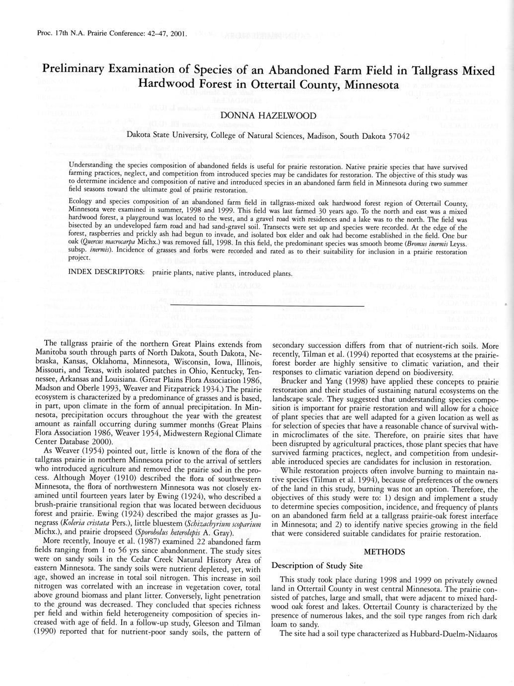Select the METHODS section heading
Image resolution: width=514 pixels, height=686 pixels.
[x=384, y=552]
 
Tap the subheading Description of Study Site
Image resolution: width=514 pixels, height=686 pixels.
[x=317, y=566]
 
